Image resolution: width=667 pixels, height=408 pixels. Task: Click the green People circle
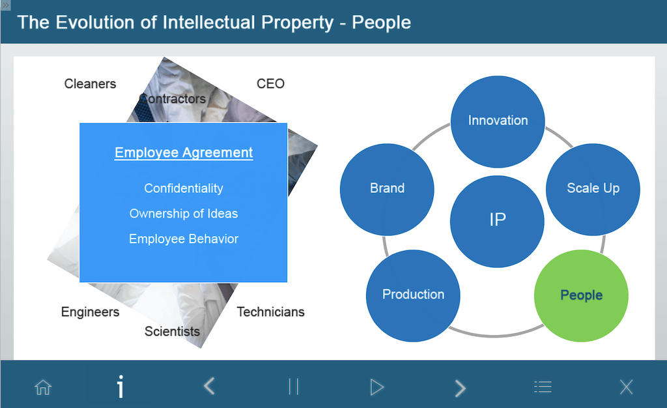[x=581, y=295]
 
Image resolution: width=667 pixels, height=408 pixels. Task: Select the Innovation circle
[x=498, y=121]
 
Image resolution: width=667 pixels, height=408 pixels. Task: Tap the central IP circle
[x=497, y=221]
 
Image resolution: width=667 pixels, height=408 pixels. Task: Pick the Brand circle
[x=387, y=189]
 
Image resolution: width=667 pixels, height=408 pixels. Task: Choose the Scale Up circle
[x=593, y=189]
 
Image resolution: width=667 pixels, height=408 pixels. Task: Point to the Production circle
[x=413, y=295]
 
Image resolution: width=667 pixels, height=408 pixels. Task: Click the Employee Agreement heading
[x=184, y=153]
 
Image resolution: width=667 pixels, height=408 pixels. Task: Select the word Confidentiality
[x=184, y=188]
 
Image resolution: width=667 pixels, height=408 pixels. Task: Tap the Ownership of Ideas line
[x=184, y=214]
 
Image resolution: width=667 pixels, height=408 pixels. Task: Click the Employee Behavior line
[x=184, y=239]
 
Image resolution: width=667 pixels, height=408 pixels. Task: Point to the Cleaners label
[x=90, y=84]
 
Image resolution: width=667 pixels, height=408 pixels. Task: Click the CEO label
[x=270, y=84]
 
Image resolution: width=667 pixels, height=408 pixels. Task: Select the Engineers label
[x=90, y=312]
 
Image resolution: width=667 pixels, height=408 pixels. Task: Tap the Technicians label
[x=270, y=312]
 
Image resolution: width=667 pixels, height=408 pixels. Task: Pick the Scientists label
[x=172, y=332]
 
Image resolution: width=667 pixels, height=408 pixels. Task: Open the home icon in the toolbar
[x=43, y=387]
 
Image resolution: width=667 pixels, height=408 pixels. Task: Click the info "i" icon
[x=121, y=386]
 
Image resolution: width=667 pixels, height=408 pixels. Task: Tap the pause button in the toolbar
[x=294, y=386]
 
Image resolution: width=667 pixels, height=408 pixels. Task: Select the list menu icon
[x=543, y=386]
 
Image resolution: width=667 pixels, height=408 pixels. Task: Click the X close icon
[x=626, y=387]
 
